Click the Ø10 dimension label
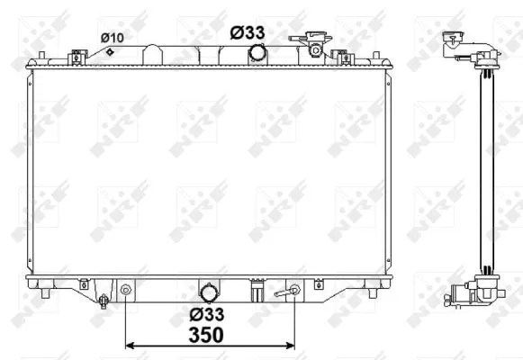(x=112, y=38)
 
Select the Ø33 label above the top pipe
(x=248, y=32)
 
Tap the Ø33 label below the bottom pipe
(x=207, y=314)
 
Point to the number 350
(x=206, y=335)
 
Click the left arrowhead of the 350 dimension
(x=129, y=346)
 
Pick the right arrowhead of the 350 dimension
(x=291, y=346)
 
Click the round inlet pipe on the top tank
(x=257, y=53)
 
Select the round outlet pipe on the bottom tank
(x=209, y=293)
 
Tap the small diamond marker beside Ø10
(x=110, y=51)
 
